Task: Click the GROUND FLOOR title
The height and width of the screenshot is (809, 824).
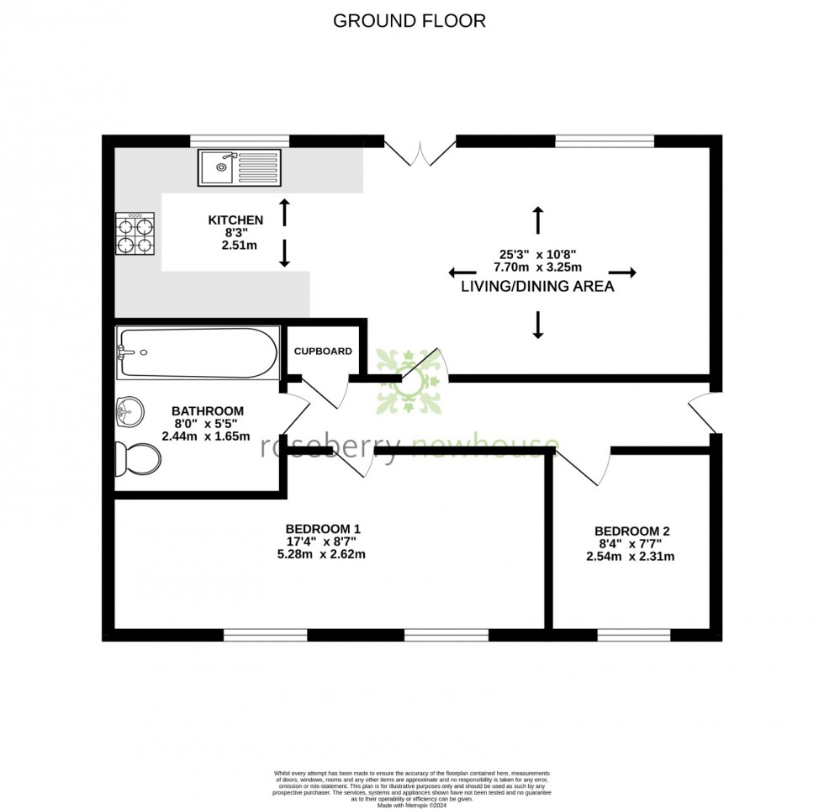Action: point(409,21)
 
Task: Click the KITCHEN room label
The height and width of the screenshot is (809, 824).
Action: point(235,220)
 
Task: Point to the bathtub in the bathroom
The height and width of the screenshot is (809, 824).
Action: point(198,352)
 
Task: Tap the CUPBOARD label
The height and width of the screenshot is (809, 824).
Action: point(323,351)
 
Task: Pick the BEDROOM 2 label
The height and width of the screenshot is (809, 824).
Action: point(631,531)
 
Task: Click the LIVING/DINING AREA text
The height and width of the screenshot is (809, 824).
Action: point(537,287)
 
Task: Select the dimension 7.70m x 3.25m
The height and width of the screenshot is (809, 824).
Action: point(538,267)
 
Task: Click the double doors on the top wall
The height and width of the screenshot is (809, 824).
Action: point(420,149)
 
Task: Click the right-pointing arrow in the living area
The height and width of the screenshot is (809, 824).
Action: point(623,272)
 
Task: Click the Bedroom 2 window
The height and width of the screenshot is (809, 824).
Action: point(633,634)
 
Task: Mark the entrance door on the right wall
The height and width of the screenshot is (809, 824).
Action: point(705,412)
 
